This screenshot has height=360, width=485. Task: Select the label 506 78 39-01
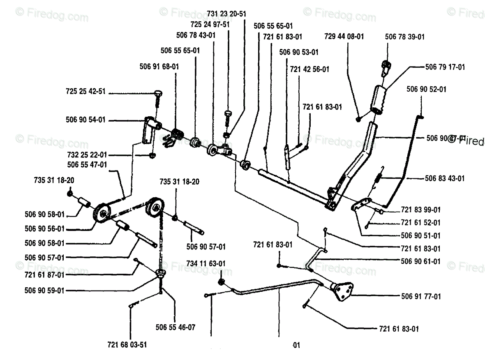[x=405, y=37]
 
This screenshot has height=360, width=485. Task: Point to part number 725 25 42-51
[x=85, y=91]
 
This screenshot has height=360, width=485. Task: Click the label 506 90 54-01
[x=85, y=120]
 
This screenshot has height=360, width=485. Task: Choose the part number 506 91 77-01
[x=420, y=296]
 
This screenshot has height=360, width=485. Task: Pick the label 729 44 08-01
[x=344, y=36]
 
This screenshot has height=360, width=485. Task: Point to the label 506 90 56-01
[x=44, y=229]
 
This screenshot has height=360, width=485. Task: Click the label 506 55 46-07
[x=176, y=327]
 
